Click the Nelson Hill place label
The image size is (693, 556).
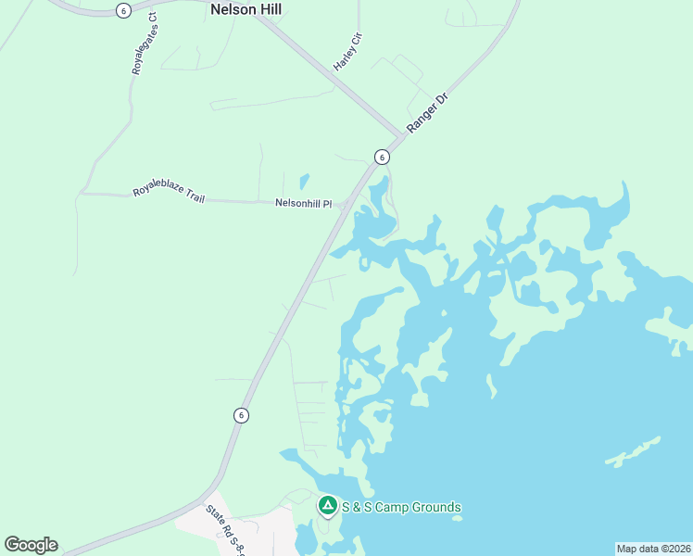246,10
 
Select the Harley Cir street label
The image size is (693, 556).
347,52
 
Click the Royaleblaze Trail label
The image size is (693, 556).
169,194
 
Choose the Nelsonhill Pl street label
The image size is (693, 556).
303,203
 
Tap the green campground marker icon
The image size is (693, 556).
327,506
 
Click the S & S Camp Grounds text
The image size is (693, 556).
401,507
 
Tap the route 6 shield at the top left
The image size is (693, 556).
123,9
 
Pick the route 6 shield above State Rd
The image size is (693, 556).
241,415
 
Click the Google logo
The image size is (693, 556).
31,545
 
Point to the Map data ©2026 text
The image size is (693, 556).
653,548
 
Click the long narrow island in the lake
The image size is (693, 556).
633,450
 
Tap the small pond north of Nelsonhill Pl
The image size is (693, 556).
304,181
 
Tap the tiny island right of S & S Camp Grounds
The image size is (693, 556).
458,518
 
